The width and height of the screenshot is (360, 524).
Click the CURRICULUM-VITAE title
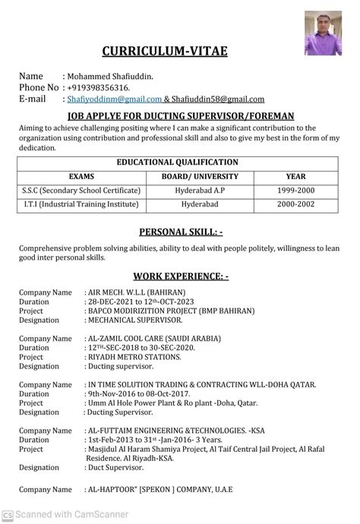click(165, 51)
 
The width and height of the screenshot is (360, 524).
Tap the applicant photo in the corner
click(323, 34)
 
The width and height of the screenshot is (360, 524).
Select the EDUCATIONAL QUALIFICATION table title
click(177, 162)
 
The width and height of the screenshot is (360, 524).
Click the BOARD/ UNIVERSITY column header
click(200, 176)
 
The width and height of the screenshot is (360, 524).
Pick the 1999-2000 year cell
click(291, 190)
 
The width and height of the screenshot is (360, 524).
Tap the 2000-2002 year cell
click(291, 205)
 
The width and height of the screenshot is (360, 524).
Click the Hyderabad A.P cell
click(200, 190)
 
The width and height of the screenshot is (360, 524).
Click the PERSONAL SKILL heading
click(181, 232)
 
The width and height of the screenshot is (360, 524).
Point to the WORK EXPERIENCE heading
click(181, 276)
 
